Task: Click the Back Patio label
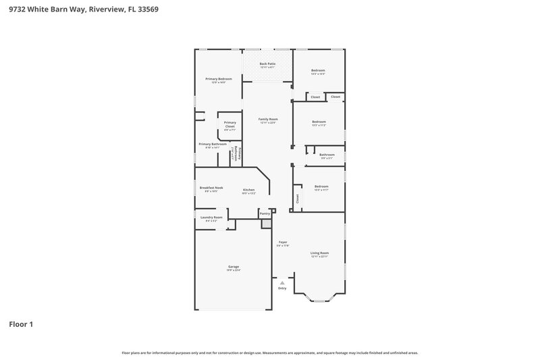[267, 63]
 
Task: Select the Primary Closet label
[230, 124]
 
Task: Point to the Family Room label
[268, 119]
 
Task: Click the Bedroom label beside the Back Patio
[318, 71]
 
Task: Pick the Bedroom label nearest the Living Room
[321, 186]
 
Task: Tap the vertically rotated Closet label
[297, 198]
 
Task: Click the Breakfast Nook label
[213, 188]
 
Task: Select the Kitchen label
[248, 190]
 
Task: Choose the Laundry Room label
[211, 217]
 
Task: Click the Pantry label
[265, 213]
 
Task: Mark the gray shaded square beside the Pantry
[266, 224]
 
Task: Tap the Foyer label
[283, 242]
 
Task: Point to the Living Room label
[319, 253]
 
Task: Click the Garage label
[234, 267]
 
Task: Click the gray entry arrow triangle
[282, 282]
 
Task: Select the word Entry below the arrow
[282, 288]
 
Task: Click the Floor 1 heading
[21, 324]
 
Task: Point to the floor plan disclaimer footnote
[270, 353]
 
